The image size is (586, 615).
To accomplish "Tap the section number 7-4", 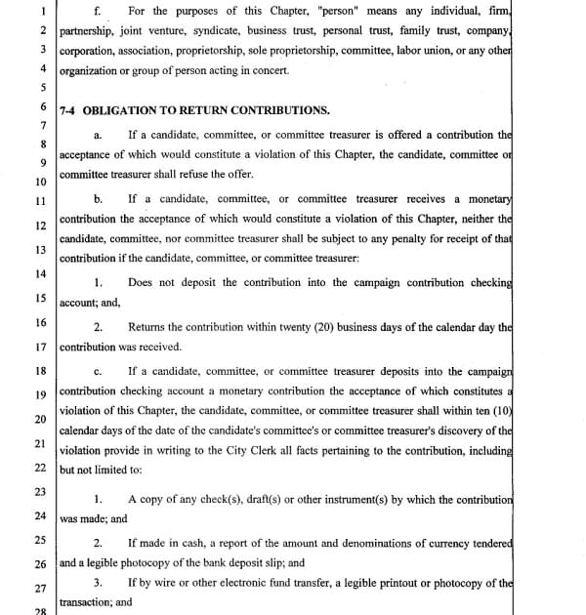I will (x=69, y=110).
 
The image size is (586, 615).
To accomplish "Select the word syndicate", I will (x=217, y=30).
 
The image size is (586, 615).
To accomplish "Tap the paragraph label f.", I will (x=96, y=11).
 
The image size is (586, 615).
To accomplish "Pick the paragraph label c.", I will (x=98, y=371).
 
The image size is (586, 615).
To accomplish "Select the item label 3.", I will (x=98, y=584).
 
